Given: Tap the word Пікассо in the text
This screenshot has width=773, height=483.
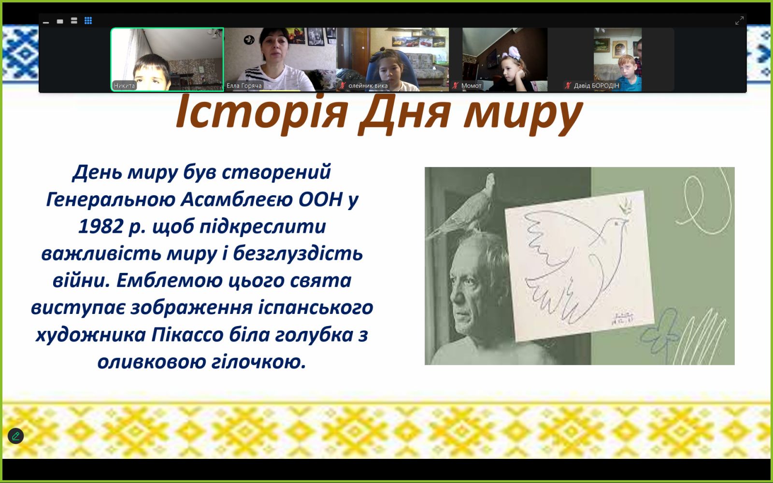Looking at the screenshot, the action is tap(187, 335).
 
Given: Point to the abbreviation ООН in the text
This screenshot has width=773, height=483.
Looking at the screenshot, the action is tap(321, 199).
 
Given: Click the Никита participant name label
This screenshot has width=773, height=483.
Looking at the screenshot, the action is tap(124, 85).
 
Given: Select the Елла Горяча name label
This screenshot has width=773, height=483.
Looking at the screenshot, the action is tap(244, 85).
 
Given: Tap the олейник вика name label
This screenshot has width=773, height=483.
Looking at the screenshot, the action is tap(368, 85).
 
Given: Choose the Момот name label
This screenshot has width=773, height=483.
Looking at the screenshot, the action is tap(471, 85).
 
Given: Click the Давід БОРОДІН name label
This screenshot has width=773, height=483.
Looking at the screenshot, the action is tap(596, 85).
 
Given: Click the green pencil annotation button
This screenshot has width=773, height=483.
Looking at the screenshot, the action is tap(16, 436).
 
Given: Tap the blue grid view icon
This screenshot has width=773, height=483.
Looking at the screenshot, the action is tap(88, 21).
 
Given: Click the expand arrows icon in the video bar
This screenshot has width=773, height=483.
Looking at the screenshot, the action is tap(739, 21).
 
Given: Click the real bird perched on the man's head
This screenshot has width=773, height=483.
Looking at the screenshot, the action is tap(462, 207).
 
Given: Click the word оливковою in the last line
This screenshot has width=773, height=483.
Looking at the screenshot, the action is tap(151, 362).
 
